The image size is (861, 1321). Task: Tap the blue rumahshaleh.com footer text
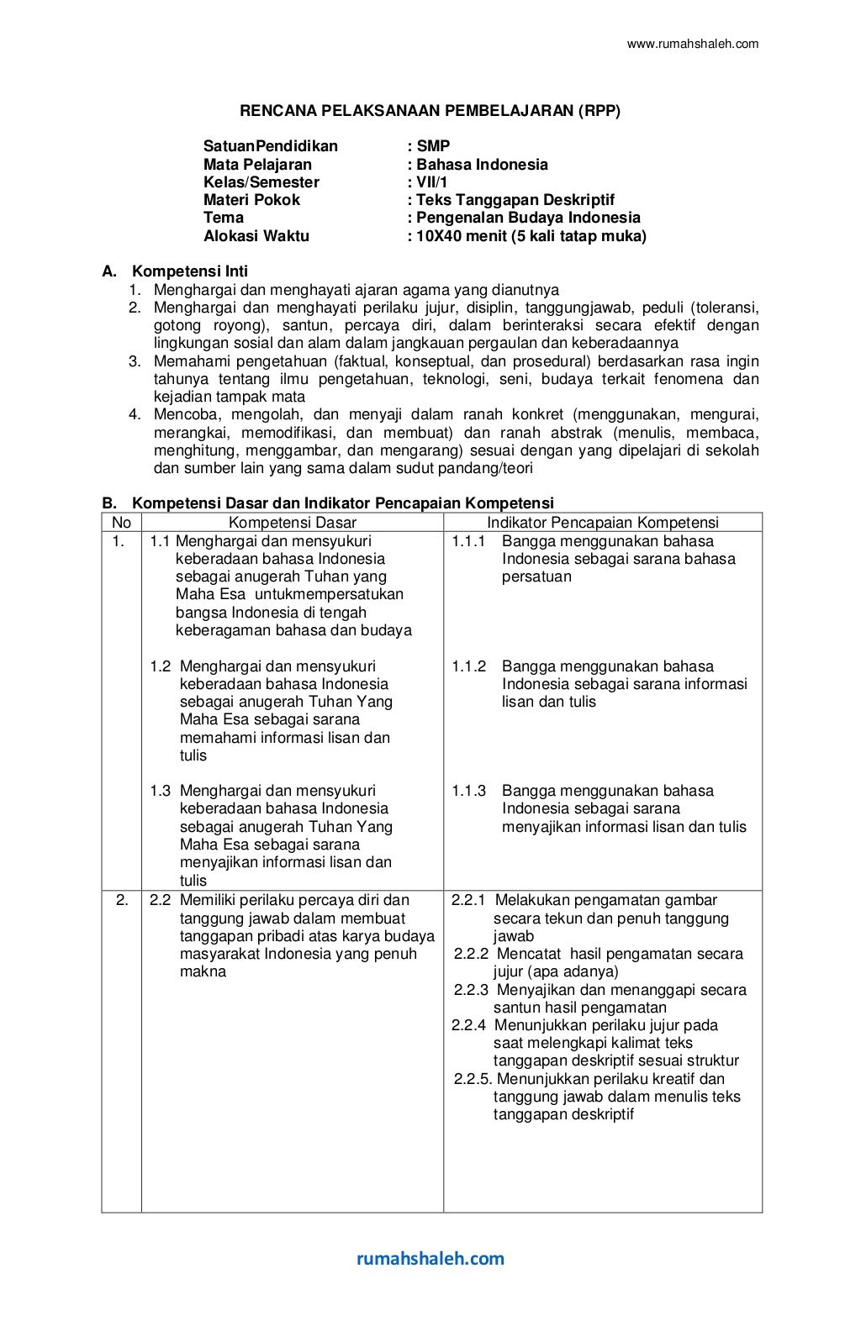[430, 1258]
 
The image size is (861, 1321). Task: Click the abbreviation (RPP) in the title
[599, 110]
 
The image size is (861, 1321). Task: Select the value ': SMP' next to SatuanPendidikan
[429, 146]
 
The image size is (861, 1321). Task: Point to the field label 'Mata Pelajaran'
[257, 165]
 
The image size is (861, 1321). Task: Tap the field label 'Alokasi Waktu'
[256, 236]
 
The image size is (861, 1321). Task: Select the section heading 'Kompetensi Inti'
[190, 271]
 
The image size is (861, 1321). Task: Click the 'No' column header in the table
[121, 523]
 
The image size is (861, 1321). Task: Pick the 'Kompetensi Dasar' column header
[292, 523]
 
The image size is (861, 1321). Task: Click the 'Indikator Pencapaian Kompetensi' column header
[603, 523]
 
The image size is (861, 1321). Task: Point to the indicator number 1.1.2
[468, 666]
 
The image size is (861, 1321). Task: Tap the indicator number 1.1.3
[468, 791]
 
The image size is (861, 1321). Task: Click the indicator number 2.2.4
[469, 1025]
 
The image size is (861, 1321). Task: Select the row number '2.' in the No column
[122, 900]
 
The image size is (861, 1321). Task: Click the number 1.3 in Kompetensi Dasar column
[161, 791]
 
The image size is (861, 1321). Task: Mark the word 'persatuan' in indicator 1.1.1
[536, 576]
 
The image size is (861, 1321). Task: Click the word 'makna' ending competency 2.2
[203, 971]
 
